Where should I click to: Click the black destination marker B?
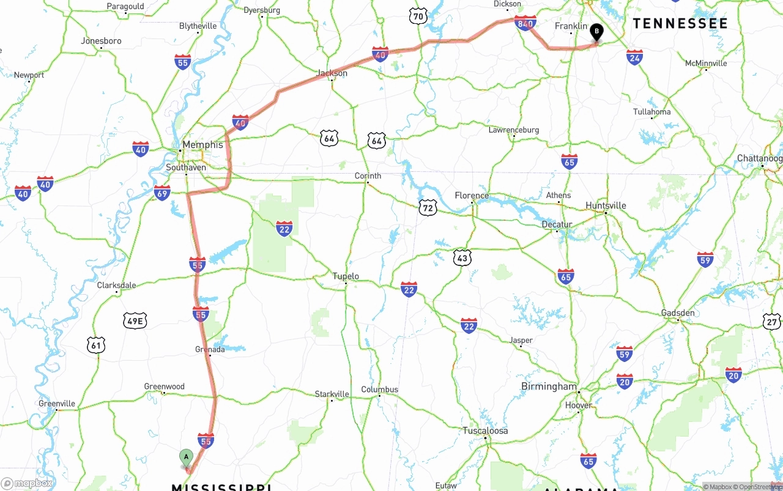click(x=596, y=31)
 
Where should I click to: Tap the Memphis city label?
click(x=202, y=145)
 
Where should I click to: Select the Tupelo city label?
click(x=346, y=276)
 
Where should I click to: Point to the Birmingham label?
click(x=549, y=386)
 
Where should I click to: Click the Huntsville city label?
click(x=606, y=205)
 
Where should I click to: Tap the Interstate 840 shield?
click(x=526, y=23)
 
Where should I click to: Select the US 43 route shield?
click(x=462, y=258)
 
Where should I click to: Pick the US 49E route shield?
click(x=135, y=320)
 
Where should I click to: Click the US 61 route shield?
click(x=95, y=345)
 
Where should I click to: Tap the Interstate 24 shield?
click(x=634, y=57)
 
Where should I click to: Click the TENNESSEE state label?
click(x=680, y=24)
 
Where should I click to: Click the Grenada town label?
click(x=210, y=349)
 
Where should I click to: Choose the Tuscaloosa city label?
click(x=485, y=430)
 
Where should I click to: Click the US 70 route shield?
click(x=418, y=16)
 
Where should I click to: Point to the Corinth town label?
click(x=368, y=175)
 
